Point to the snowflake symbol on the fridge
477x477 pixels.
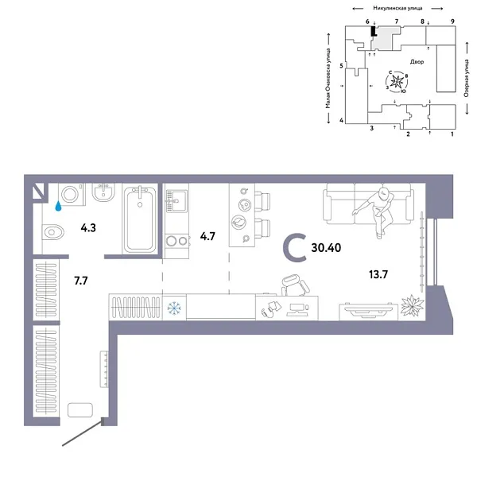click(175, 307)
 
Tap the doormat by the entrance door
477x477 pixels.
click(81, 409)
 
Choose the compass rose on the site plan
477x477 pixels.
click(397, 80)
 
